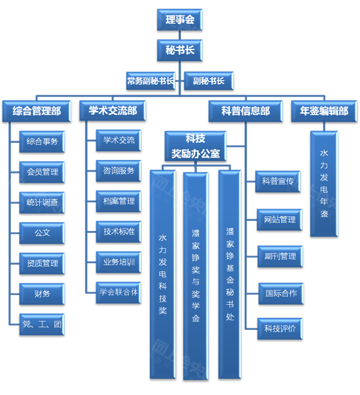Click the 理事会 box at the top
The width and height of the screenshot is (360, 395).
point(180,19)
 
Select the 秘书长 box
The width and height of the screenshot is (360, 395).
point(180,50)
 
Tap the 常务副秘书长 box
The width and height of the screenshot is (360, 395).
point(150,81)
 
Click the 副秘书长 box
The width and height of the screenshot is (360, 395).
point(209,81)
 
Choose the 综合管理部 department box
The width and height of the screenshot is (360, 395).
point(36,111)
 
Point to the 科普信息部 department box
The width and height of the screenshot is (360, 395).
point(246,111)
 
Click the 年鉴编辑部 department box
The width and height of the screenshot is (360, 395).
point(324,111)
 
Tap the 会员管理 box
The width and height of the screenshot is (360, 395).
point(42,172)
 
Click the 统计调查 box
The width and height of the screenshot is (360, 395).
point(42,202)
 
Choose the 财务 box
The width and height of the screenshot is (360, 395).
point(42,293)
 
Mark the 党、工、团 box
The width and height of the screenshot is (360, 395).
point(42,324)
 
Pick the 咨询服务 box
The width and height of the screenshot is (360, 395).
point(119,171)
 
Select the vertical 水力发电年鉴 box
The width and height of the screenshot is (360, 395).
point(324,184)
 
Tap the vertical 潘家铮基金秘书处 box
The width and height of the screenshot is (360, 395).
point(230,273)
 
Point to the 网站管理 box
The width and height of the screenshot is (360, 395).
point(280,220)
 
